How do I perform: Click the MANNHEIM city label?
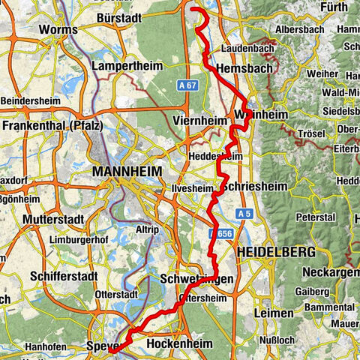pos(127,172)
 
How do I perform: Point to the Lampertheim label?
pos(127,66)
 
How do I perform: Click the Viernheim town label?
pos(199,120)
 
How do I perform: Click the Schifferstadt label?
pos(63,276)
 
